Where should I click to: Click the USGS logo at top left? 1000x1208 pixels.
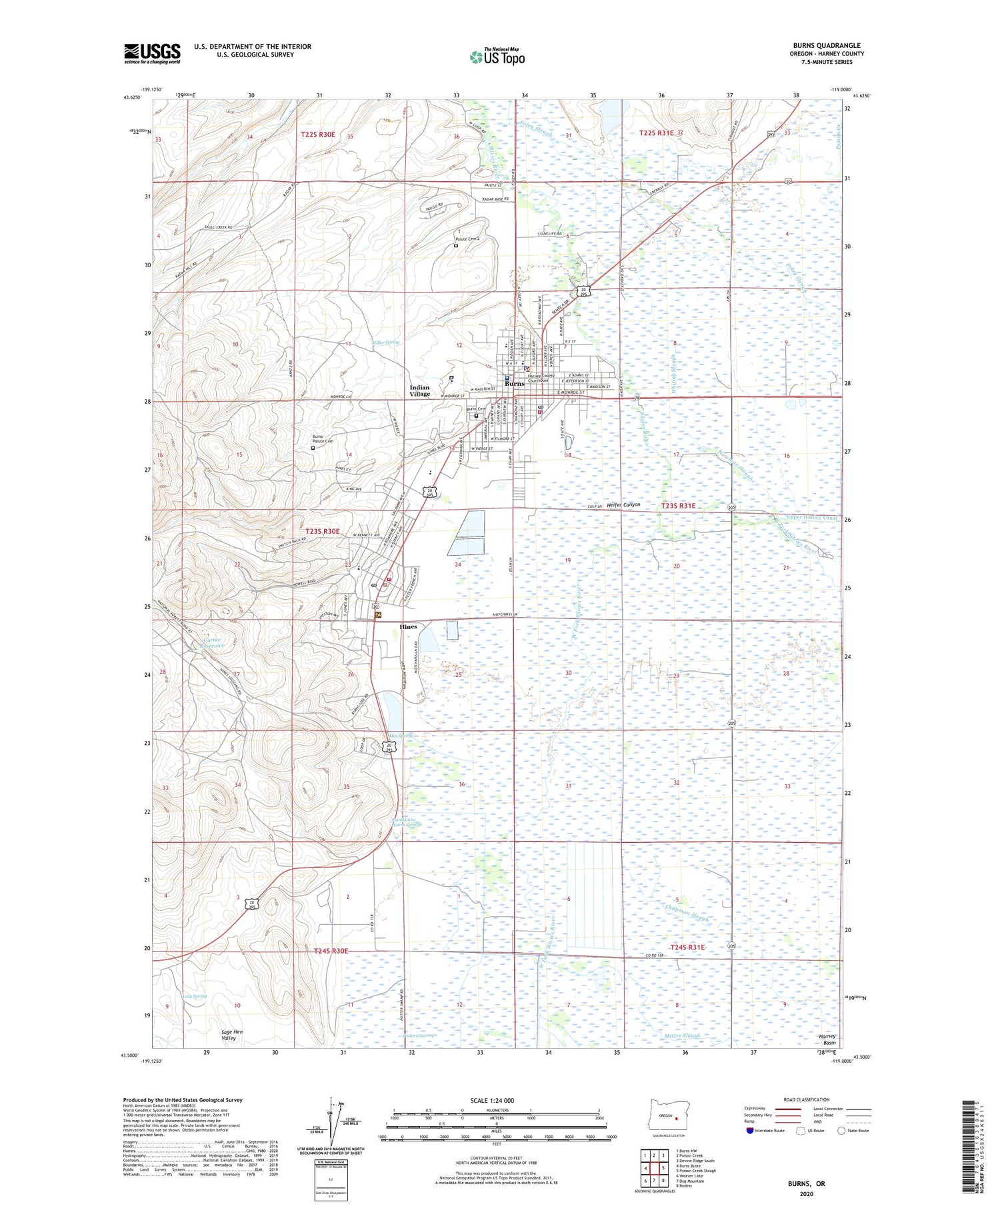152,53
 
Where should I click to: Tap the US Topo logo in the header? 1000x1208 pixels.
497,57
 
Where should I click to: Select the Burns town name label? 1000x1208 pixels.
514,384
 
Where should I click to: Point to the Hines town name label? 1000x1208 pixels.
408,627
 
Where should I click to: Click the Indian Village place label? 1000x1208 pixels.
419,390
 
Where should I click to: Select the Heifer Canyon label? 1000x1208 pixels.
623,504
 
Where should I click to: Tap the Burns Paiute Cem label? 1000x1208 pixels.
323,440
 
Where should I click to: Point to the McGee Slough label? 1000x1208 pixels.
681,1035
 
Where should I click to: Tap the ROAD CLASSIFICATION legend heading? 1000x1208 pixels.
807,1099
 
